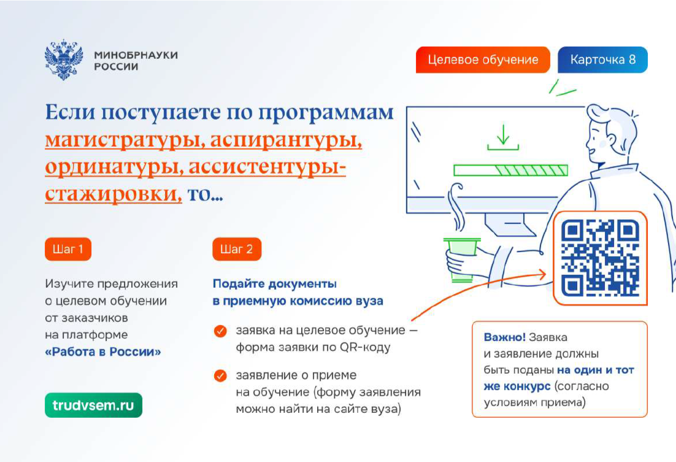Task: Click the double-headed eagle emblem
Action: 63,60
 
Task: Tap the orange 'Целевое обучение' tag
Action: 483,60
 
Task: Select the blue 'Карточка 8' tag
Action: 603,60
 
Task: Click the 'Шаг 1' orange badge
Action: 68,249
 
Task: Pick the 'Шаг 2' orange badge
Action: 237,249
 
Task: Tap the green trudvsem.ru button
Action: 94,405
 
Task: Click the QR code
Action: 600,258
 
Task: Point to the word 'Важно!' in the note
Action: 504,337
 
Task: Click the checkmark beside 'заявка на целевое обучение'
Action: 220,331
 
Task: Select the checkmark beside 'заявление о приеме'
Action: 220,375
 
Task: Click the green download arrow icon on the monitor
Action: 503,137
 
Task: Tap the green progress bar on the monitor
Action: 510,170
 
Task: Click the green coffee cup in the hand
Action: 461,259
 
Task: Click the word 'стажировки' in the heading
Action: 113,194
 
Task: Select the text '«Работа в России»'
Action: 103,352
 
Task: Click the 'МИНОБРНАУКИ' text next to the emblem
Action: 136,55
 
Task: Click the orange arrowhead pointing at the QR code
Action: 542,274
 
